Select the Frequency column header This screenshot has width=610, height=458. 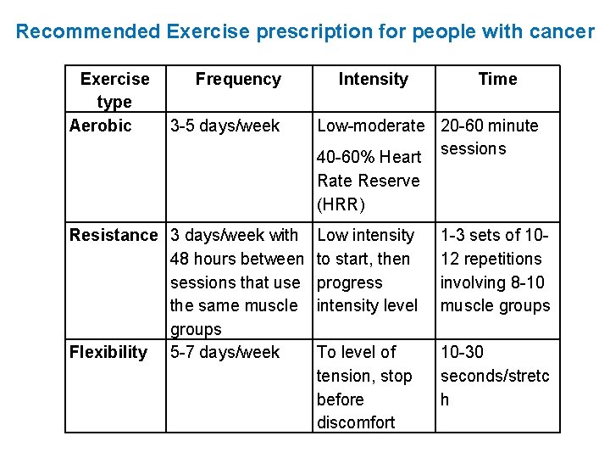[x=238, y=79]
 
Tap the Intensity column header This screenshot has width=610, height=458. [x=373, y=79]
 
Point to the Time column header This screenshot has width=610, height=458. [x=497, y=79]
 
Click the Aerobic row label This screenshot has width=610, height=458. [x=101, y=126]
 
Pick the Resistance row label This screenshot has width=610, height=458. [x=114, y=235]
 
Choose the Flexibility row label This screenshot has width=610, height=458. [x=108, y=352]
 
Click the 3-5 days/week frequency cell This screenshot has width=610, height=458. [x=225, y=126]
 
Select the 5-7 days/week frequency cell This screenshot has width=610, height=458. [x=225, y=352]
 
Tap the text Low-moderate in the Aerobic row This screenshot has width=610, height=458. [x=370, y=126]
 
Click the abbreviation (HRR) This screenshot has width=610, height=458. [x=341, y=204]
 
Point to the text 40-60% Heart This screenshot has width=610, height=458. [x=369, y=157]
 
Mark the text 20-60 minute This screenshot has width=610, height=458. [x=489, y=126]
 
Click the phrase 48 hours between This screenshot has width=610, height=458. [x=236, y=259]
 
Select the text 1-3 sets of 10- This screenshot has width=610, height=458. [x=495, y=235]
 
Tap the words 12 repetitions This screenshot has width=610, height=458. [x=491, y=259]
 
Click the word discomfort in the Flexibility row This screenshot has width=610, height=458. [x=356, y=422]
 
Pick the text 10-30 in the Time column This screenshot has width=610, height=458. [x=463, y=352]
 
